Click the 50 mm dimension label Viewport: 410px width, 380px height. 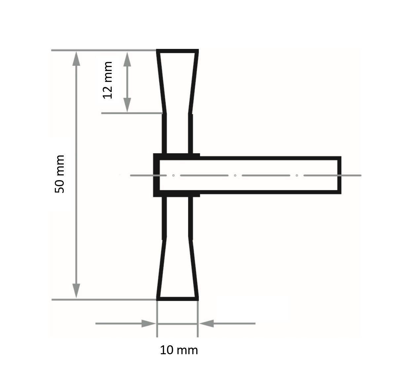60,174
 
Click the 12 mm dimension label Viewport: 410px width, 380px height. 108,80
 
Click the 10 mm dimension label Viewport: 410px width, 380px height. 179,350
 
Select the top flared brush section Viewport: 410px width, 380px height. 177,81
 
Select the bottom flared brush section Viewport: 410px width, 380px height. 177,269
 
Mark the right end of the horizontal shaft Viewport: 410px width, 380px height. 339,175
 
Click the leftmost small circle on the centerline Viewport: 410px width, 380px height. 173,175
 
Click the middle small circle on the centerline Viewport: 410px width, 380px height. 235,175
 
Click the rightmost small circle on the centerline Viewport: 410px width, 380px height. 297,175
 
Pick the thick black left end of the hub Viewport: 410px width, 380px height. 156,175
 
